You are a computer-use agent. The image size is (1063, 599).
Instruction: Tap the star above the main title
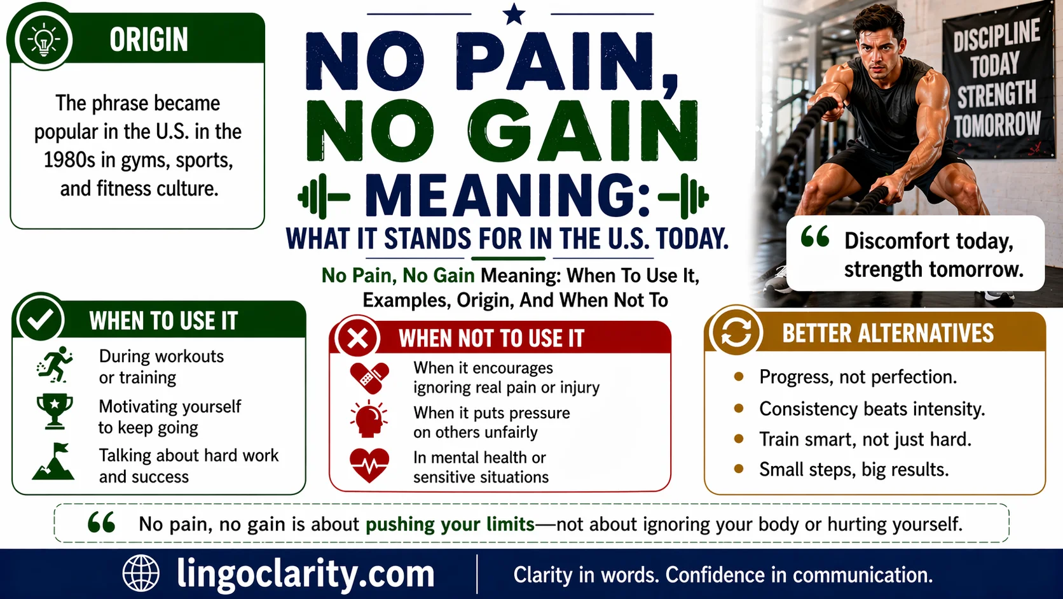coord(514,14)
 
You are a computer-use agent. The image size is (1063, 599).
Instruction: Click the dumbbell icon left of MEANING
coord(323,196)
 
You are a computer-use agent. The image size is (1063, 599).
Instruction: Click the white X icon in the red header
coord(358,338)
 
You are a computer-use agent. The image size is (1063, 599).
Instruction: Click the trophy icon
coord(55,411)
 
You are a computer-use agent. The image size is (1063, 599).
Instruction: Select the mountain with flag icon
coord(54,462)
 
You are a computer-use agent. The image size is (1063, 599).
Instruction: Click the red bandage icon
coord(369,378)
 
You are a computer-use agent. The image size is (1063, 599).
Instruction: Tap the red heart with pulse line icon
coord(369,466)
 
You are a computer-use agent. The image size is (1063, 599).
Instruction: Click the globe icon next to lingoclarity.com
coord(141,574)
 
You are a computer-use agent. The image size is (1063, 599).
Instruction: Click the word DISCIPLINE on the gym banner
coord(996,36)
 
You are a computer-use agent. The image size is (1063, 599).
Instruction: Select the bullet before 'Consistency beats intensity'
coord(739,408)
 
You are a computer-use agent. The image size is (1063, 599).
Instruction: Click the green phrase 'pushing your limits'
coord(450,525)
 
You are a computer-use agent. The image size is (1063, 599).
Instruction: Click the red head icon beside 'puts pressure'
coord(368,419)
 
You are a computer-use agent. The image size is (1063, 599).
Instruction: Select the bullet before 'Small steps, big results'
coord(739,469)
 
